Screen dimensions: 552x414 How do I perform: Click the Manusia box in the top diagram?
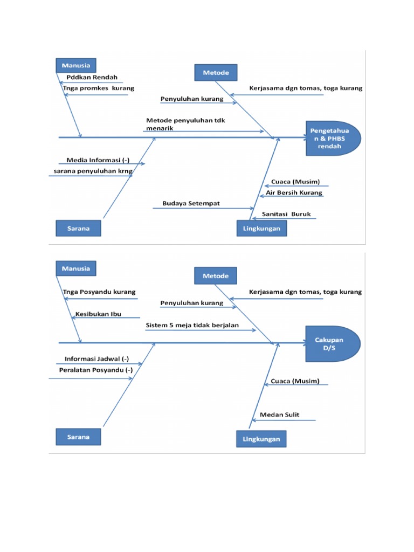point(76,65)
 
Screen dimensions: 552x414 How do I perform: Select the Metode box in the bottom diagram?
point(216,275)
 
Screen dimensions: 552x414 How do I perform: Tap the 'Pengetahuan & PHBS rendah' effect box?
point(333,138)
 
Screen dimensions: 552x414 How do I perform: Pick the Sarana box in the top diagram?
point(79,228)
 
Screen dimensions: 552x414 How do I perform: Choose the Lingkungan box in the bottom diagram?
point(261,439)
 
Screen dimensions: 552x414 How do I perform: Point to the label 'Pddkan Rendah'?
point(92,77)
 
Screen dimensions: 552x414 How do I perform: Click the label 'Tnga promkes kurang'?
point(98,88)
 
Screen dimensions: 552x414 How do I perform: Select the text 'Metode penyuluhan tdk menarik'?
point(185,125)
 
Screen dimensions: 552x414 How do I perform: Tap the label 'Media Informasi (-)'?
point(98,160)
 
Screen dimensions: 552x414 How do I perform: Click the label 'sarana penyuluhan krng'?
point(93,171)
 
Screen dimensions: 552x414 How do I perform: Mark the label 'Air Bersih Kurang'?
point(294,192)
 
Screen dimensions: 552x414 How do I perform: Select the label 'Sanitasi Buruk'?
point(286,214)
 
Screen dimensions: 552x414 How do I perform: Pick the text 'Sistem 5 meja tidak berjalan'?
point(199,326)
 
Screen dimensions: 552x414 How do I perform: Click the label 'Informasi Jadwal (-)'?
point(97,358)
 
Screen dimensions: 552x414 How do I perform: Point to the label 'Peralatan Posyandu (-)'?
point(95,370)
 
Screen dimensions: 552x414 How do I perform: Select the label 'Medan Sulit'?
point(279,415)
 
